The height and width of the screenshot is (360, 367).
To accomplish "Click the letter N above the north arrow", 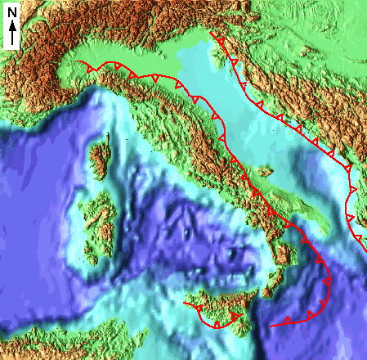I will coord(12,12).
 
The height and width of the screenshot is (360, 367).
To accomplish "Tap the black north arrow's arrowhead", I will coord(13,25).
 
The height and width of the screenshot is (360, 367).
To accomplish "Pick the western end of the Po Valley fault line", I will coord(76,62).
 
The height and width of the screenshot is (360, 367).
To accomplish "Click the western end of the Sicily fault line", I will coord(184,304).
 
